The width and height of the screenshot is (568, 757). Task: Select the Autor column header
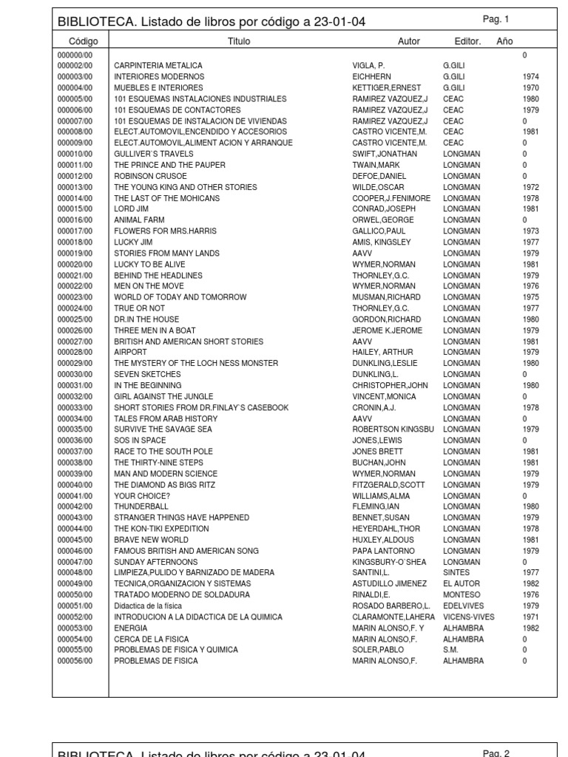point(408,42)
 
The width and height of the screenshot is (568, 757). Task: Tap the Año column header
point(504,42)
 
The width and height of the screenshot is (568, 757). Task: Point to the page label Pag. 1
point(496,19)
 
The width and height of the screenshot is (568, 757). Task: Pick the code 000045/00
point(75,540)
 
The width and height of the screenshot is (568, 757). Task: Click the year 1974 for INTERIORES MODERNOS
point(530,77)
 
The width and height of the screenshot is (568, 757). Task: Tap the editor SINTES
point(456,573)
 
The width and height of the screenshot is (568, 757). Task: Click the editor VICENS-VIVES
point(469,617)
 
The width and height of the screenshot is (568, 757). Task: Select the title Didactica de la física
point(148,606)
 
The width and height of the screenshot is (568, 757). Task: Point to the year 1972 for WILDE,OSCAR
point(530,187)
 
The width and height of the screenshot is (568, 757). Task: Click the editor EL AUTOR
point(461,584)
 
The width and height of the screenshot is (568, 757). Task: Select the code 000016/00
point(75,220)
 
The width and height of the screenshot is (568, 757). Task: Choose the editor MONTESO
point(461,595)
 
